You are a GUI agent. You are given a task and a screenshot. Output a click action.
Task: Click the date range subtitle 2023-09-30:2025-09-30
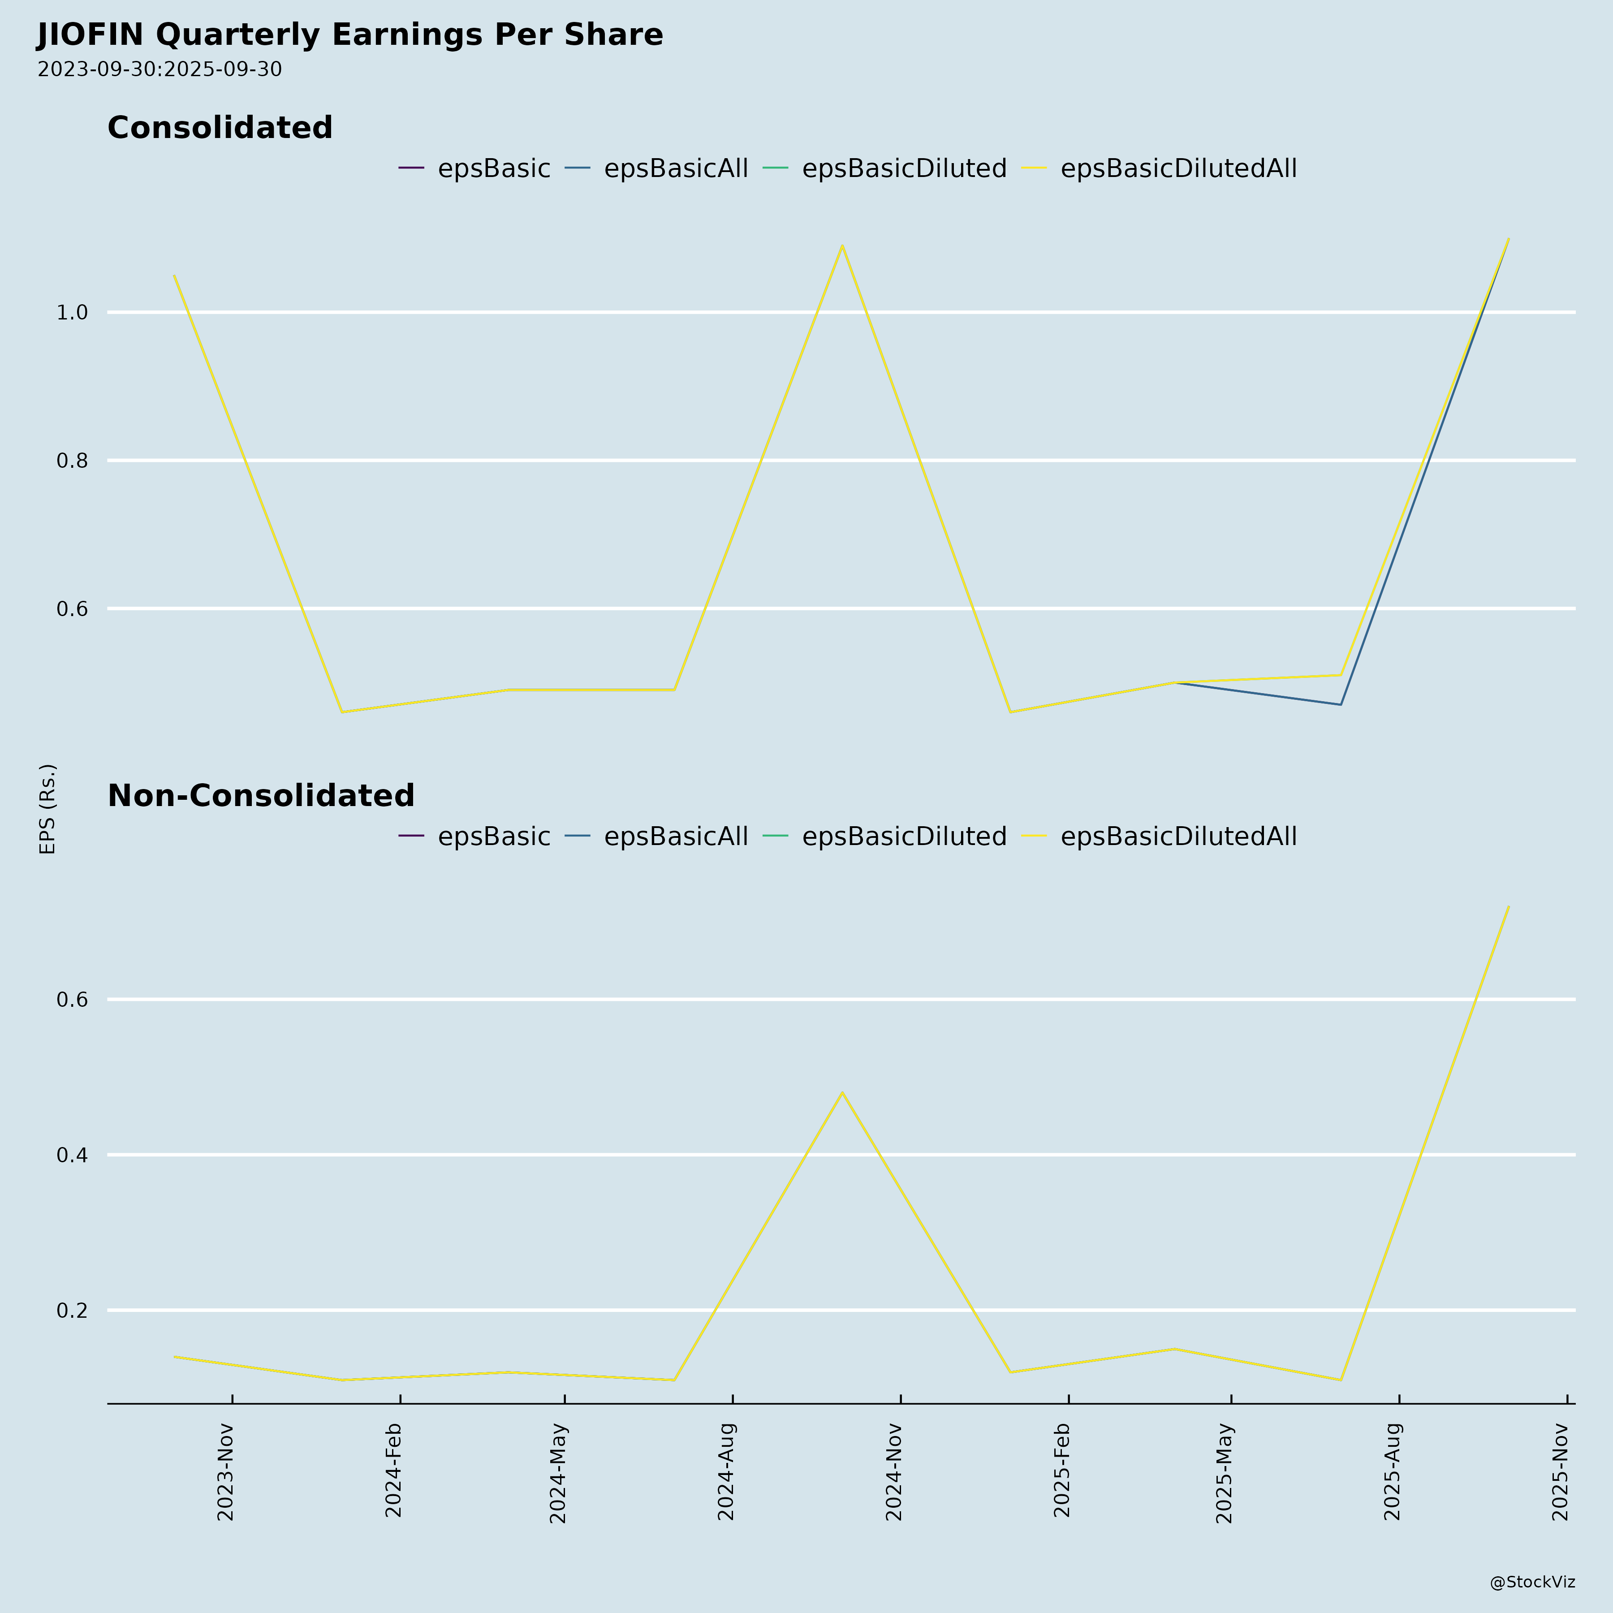coord(160,69)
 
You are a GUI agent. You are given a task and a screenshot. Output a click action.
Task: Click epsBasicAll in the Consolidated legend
coord(675,168)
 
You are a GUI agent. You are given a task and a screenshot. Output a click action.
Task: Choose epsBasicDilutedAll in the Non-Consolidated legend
coord(1178,837)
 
